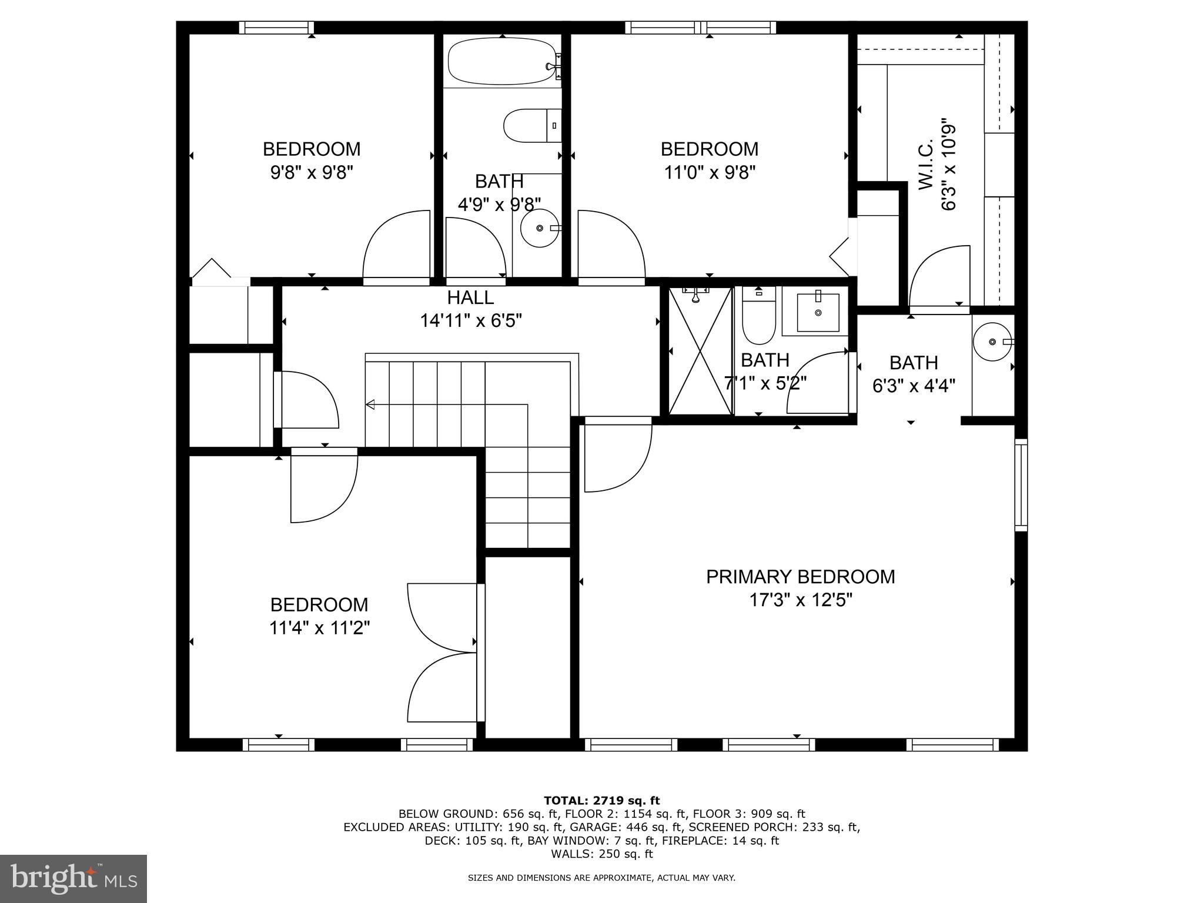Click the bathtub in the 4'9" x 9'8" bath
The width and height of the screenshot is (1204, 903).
pos(501,62)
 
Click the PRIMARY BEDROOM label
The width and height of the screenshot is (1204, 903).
pos(800,577)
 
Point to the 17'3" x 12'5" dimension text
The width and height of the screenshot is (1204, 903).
pos(800,600)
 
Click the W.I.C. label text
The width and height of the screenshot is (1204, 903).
pos(925,164)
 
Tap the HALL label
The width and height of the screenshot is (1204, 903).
pos(470,297)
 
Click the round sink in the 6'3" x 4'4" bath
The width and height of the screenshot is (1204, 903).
pos(992,342)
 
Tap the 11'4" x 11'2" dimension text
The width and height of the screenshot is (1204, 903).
pos(319,628)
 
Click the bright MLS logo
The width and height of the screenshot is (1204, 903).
pos(73,878)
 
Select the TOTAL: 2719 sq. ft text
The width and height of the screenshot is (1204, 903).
pos(601,800)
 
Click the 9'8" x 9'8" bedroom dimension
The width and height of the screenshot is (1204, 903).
pos(312,173)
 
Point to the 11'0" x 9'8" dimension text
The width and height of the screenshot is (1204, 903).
pos(710,173)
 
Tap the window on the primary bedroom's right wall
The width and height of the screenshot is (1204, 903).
pos(1021,485)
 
